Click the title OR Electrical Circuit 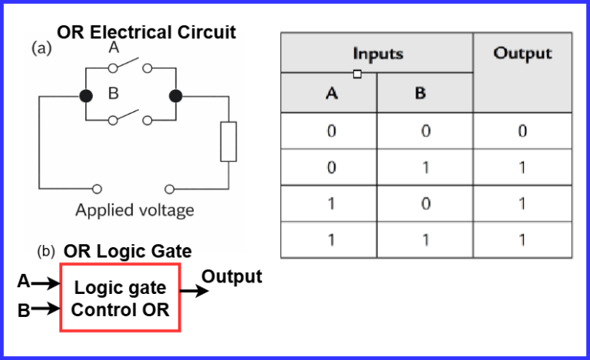coord(146,32)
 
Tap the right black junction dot coord(176,96)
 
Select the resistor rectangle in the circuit coord(228,141)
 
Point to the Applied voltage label coord(134,210)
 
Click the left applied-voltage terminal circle coord(98,188)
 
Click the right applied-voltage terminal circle coord(169,188)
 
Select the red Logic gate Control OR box coord(120,298)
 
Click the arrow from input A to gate coord(45,283)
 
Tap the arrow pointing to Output coord(195,291)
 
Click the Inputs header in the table coord(377,54)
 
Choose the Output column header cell coord(522,73)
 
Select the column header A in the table coord(330,94)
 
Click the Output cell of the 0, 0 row coord(522,131)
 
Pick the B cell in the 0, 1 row coord(425,167)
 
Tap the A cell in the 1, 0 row coord(330,203)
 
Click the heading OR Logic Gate coord(128,252)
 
